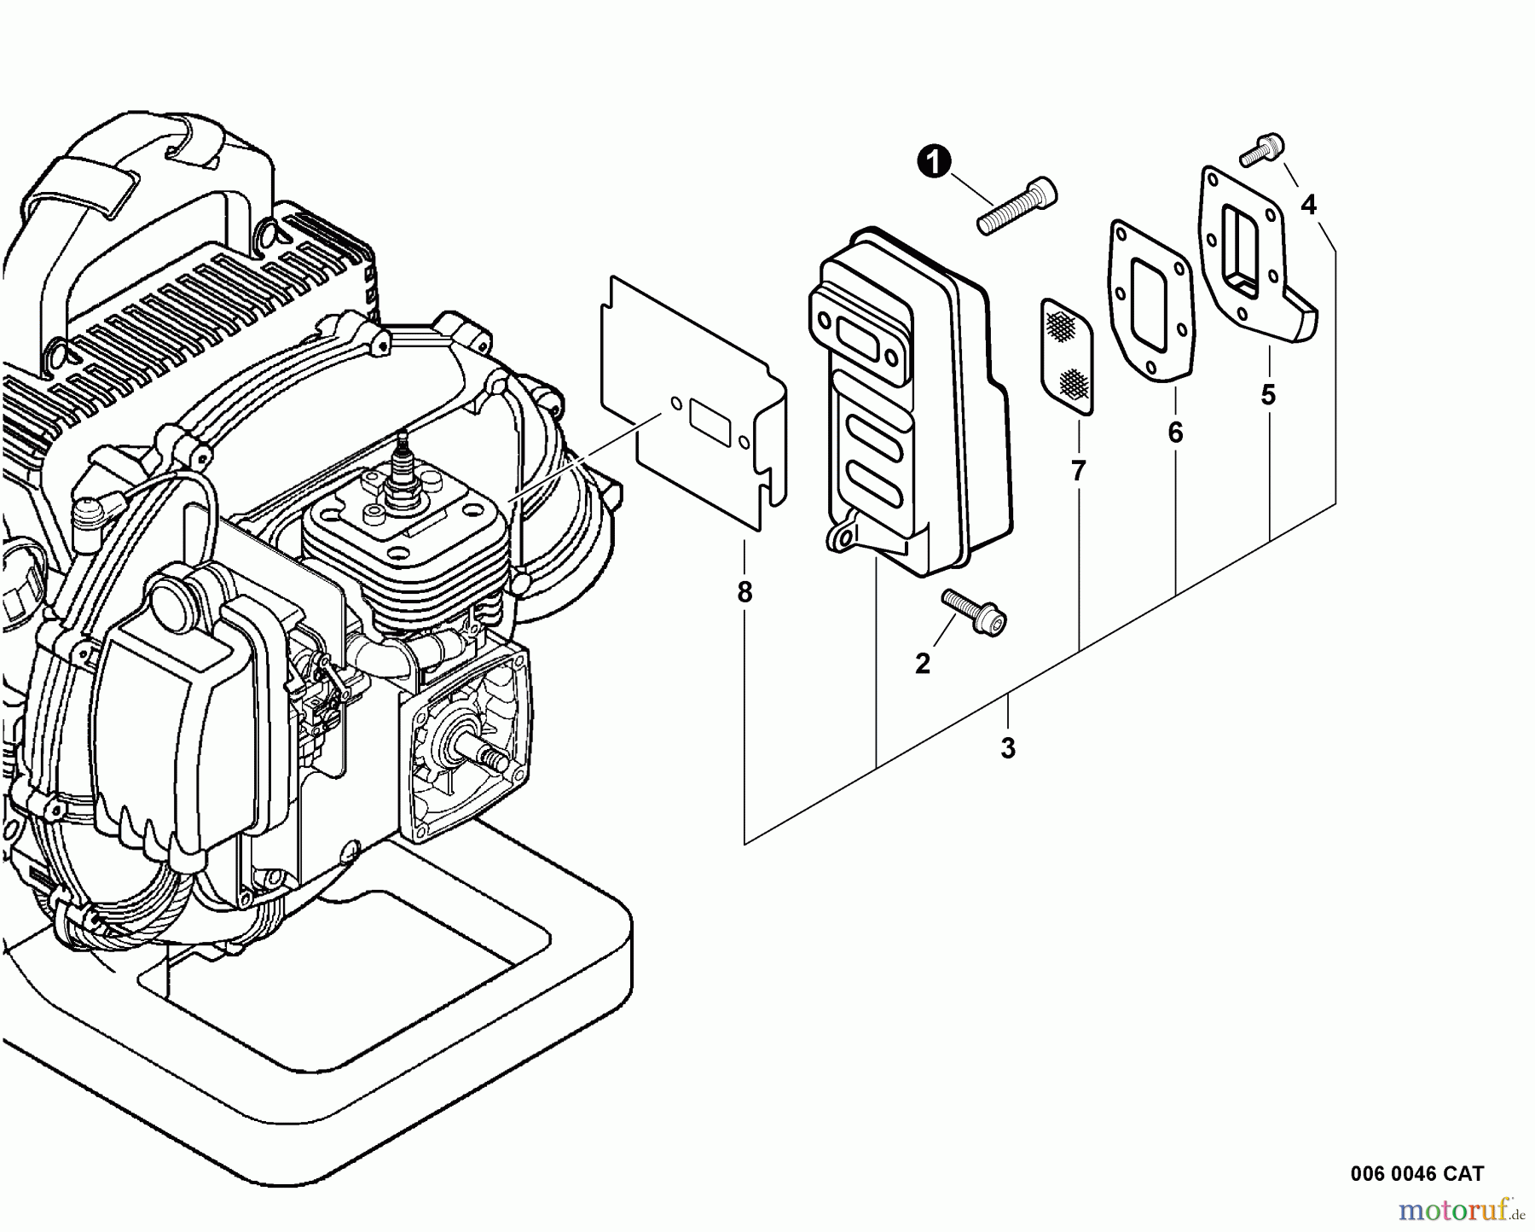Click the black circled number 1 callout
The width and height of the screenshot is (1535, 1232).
point(935,161)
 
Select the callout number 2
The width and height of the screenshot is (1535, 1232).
point(923,664)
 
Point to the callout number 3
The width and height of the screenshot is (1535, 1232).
point(1008,748)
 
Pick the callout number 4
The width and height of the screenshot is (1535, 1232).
point(1307,205)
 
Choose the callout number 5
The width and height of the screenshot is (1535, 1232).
point(1268,395)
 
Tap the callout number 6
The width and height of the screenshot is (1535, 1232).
point(1175,433)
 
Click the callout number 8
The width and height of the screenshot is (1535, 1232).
point(744,592)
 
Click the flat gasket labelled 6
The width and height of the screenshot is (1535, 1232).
point(1151,299)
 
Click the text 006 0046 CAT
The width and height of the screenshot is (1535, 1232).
point(1416,1173)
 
